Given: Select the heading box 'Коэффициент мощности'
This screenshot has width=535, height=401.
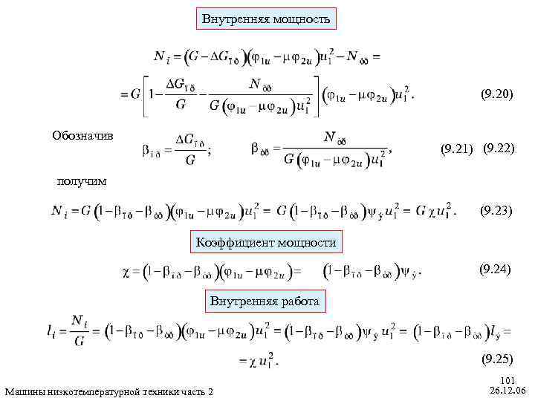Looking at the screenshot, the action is point(266,242).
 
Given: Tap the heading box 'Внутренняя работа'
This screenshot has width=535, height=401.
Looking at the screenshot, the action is point(265,301).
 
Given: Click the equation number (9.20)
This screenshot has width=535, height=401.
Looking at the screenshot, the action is point(495,94).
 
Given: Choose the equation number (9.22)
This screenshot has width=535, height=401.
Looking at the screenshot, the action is point(499,149).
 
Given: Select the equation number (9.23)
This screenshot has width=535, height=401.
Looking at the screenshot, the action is point(496,210).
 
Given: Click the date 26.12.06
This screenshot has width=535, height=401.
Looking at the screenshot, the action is point(508,390).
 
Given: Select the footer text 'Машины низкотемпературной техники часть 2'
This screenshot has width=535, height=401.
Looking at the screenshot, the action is point(108,391).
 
